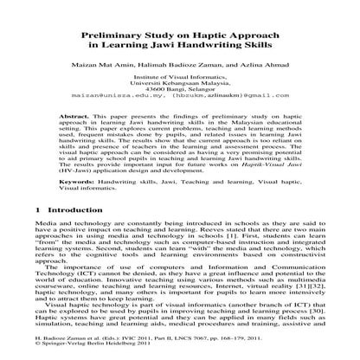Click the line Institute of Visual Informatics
180,76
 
